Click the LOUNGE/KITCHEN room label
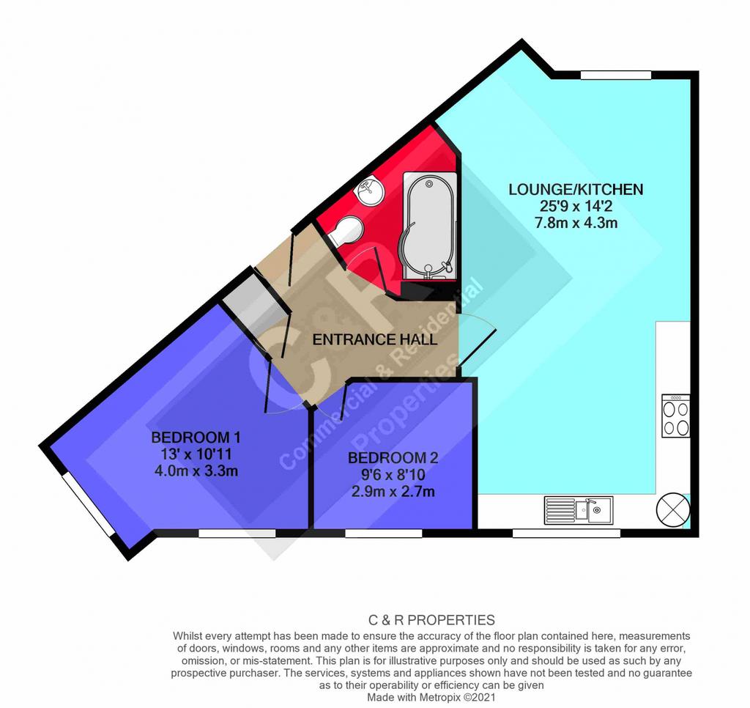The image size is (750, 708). pyautogui.click(x=576, y=190)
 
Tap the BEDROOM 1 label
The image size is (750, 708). pyautogui.click(x=196, y=437)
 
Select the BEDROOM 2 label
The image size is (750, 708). pyautogui.click(x=393, y=458)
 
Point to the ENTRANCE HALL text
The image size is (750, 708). pyautogui.click(x=374, y=339)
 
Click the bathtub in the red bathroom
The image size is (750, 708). pyautogui.click(x=429, y=226)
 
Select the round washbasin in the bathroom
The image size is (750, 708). pyautogui.click(x=369, y=190)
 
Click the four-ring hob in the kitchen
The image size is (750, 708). pyautogui.click(x=676, y=416)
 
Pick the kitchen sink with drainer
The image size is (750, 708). pyautogui.click(x=579, y=510)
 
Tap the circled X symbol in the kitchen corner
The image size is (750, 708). pyautogui.click(x=673, y=509)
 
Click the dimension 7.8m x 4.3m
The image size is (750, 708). pyautogui.click(x=576, y=223)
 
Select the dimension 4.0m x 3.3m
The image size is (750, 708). pyautogui.click(x=196, y=471)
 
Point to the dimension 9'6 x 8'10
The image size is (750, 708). pyautogui.click(x=393, y=475)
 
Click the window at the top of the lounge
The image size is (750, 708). pyautogui.click(x=615, y=75)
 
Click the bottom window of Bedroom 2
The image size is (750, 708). pyautogui.click(x=384, y=533)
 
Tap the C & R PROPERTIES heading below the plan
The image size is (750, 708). pyautogui.click(x=431, y=620)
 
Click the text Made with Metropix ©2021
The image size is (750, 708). pyautogui.click(x=431, y=697)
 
